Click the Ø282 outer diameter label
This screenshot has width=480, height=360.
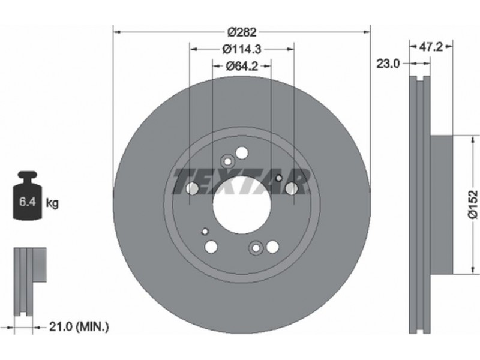(x=242, y=32)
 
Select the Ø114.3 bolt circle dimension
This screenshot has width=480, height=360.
(x=242, y=49)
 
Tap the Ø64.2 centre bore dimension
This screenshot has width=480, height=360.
(x=242, y=66)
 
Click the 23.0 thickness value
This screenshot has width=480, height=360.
(x=388, y=64)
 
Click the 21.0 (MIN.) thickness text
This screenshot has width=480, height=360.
(x=79, y=327)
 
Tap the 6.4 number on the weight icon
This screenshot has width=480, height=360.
(x=27, y=202)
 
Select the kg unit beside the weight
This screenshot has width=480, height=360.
(x=52, y=203)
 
